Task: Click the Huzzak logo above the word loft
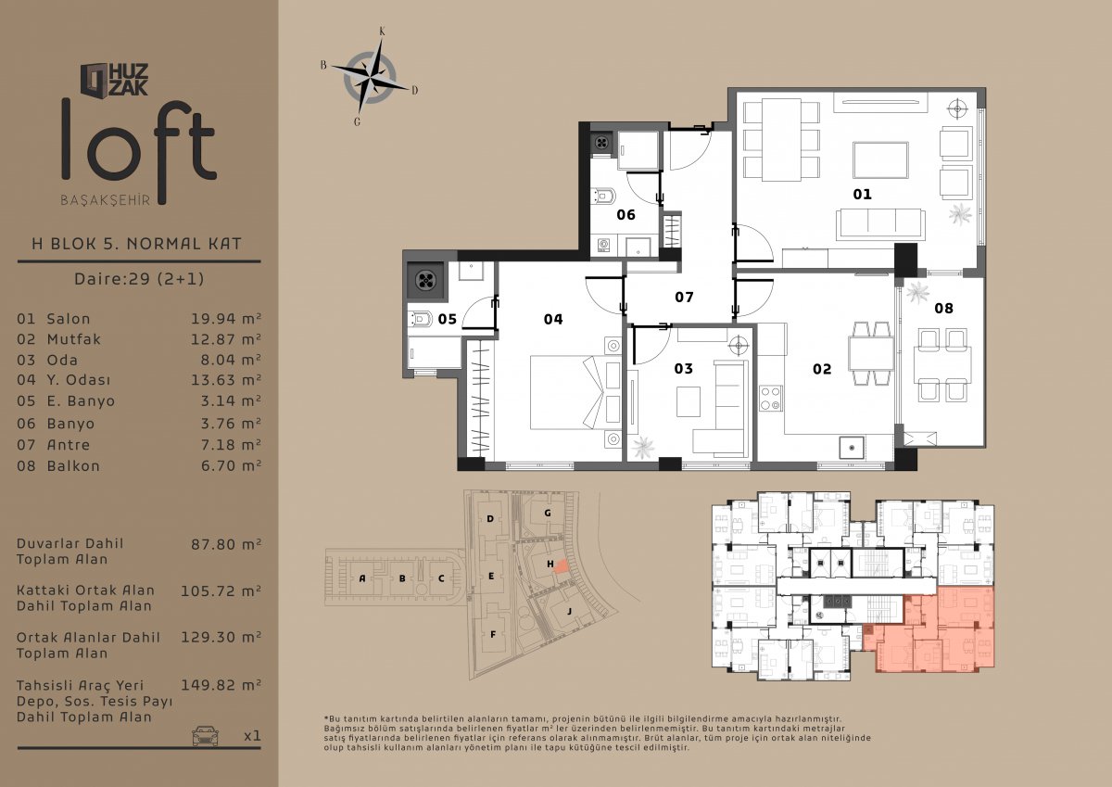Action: pos(114,80)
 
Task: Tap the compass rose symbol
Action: pos(370,78)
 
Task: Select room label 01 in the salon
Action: pos(863,194)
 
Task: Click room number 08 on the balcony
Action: pos(943,309)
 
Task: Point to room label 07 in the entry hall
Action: pos(684,297)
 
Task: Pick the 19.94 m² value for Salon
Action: pos(226,318)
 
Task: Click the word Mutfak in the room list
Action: pos(74,339)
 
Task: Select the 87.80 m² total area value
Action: pos(226,544)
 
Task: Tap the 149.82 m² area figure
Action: pos(221,685)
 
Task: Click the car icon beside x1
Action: pos(205,735)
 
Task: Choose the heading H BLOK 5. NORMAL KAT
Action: pos(136,243)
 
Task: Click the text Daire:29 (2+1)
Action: pos(139,278)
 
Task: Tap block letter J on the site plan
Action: pos(569,611)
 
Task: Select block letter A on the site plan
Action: pos(362,578)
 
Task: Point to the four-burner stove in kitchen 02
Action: pos(770,399)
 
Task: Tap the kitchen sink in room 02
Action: pos(852,448)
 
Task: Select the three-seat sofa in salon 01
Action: pos(880,224)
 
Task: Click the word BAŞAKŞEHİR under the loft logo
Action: pos(106,200)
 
